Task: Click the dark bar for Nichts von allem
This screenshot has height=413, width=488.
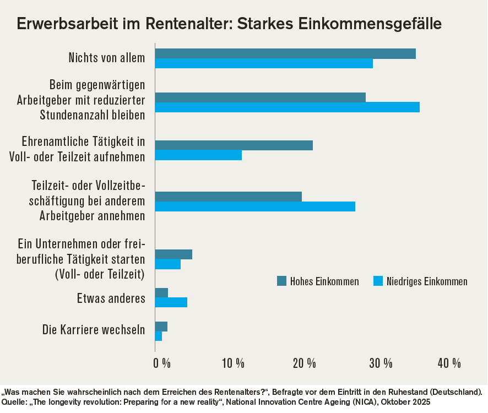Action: [x=285, y=53]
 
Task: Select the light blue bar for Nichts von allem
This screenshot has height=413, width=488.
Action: [x=263, y=63]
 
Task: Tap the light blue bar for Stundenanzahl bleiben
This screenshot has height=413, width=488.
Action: [x=287, y=107]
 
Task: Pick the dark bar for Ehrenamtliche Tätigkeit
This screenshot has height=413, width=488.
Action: [x=234, y=145]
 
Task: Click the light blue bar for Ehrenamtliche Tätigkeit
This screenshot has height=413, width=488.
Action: [x=198, y=155]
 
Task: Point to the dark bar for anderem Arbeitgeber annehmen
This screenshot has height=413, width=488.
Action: [x=228, y=197]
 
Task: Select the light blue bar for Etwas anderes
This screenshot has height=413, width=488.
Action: [x=171, y=302]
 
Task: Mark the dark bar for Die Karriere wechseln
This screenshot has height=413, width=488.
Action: [x=161, y=327]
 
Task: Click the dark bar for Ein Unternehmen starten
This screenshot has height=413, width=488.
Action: [x=173, y=254]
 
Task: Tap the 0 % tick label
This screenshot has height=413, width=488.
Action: [x=162, y=363]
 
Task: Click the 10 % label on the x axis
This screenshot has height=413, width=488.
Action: [x=233, y=363]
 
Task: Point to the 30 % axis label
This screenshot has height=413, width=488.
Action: [x=381, y=363]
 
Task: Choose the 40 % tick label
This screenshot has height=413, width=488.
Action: [x=449, y=363]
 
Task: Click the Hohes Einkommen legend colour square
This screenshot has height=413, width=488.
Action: [x=281, y=281]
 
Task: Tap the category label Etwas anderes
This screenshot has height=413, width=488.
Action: [x=111, y=299]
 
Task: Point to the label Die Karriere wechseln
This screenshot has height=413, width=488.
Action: [x=94, y=330]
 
